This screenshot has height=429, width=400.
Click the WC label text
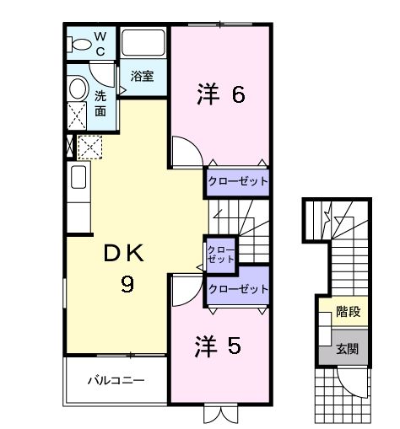[x=99, y=43]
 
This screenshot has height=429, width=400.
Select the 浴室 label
[x=142, y=76]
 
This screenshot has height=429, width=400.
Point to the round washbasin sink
[x=78, y=88]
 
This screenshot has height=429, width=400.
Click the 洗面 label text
[x=100, y=103]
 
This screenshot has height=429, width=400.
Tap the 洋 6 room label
[x=222, y=94]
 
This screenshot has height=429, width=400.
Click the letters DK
[x=125, y=254]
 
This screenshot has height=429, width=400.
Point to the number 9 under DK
[x=126, y=284]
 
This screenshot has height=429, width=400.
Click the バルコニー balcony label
[x=116, y=380]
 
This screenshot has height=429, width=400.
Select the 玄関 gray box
[x=348, y=347]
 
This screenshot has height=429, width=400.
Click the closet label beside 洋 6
[x=238, y=181]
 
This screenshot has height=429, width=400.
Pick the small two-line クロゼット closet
[x=220, y=255]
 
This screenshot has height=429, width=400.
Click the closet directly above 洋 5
[x=238, y=289]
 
